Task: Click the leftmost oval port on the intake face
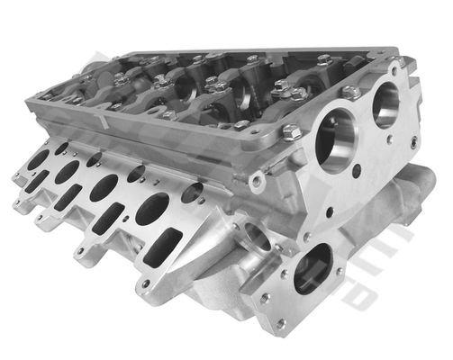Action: click(38, 159)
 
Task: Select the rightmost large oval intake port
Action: click(151, 209)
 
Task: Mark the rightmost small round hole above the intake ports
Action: click(192, 192)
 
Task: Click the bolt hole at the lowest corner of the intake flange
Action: click(145, 283)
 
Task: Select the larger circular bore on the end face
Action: click(335, 140)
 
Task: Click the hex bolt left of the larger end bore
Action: click(290, 133)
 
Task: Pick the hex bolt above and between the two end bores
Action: click(352, 91)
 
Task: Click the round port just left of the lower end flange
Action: click(255, 237)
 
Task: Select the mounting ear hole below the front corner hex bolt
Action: click(258, 182)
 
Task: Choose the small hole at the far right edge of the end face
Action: click(412, 142)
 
